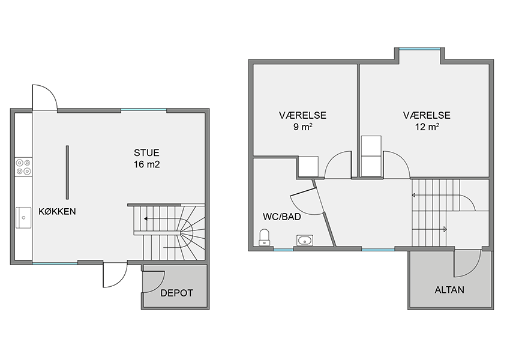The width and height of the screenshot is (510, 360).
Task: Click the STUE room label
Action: click(x=146, y=152)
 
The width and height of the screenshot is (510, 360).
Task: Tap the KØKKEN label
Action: click(x=57, y=211)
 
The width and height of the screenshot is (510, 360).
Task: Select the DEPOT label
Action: click(x=176, y=293)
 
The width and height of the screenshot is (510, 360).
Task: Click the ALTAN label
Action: click(x=449, y=290)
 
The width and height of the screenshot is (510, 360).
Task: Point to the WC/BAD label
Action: click(x=281, y=217)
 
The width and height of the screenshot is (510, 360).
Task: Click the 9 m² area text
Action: click(x=303, y=127)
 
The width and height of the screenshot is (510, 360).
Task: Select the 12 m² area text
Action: click(x=427, y=127)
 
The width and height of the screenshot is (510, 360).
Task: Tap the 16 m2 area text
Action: click(x=146, y=164)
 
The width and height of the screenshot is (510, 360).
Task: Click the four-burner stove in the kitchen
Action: click(x=24, y=167)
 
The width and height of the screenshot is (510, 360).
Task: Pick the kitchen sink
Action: click(x=23, y=218)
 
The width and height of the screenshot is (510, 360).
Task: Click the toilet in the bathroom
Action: click(x=264, y=238)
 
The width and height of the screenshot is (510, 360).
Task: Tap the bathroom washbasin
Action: click(x=305, y=241)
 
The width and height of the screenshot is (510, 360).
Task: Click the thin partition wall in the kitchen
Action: click(x=67, y=172)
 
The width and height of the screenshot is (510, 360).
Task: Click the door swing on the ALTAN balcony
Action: click(x=467, y=263)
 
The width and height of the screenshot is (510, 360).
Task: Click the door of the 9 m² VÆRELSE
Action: click(x=338, y=165)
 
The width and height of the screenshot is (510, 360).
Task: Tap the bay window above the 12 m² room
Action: click(x=419, y=49)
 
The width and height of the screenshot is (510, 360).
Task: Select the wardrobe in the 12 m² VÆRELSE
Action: click(x=371, y=156)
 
